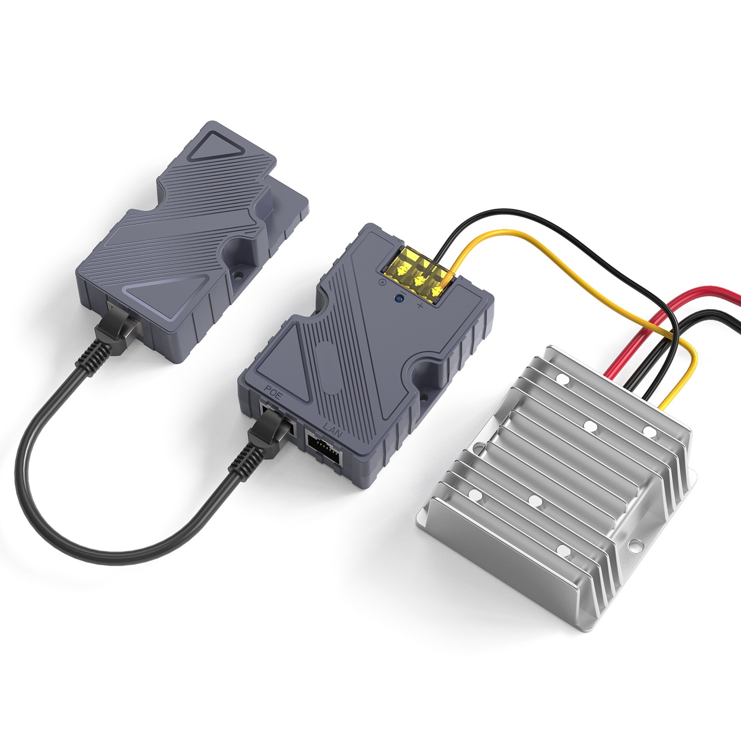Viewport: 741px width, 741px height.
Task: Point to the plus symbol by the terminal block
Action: click(x=421, y=306)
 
